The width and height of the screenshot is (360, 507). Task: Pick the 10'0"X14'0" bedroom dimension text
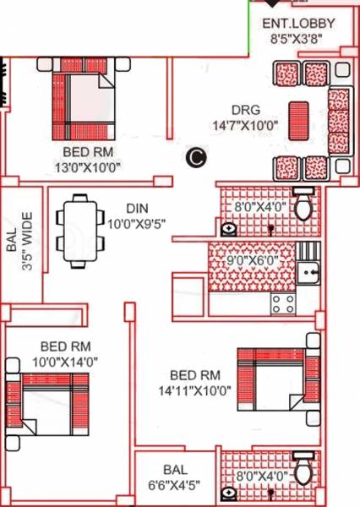(65, 361)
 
